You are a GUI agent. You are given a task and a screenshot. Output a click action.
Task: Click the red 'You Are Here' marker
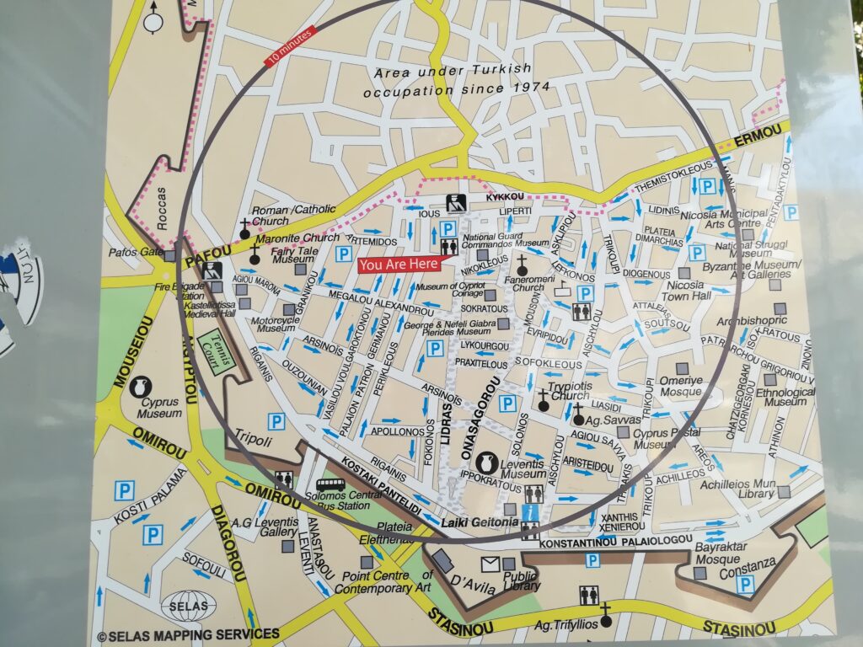click(399, 265)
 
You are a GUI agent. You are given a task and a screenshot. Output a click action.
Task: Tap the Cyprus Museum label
click(160, 408)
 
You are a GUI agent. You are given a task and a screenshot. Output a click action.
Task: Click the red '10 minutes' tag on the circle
click(289, 46)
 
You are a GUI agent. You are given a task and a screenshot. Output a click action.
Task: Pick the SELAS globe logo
click(188, 606)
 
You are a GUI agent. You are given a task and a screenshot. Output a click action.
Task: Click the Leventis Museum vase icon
click(486, 462)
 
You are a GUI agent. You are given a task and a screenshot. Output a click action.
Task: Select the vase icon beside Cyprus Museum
click(139, 386)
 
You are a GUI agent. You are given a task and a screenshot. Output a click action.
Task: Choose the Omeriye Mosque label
click(681, 386)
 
